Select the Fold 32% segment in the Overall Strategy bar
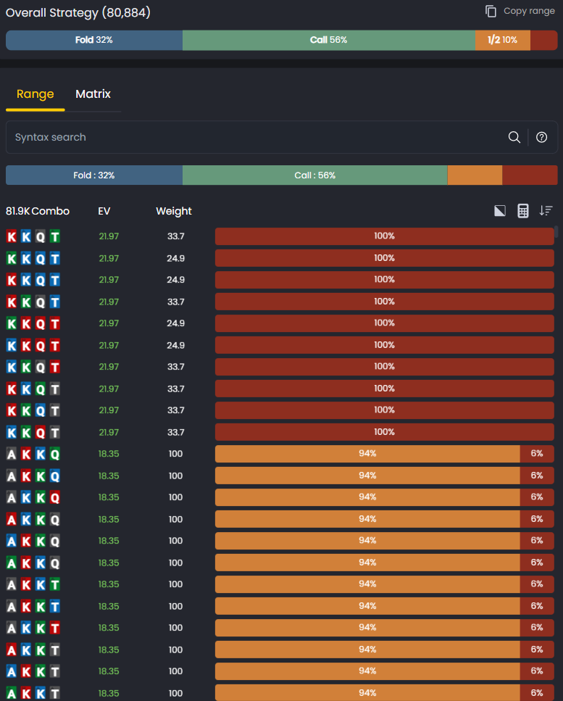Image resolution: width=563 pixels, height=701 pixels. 94,40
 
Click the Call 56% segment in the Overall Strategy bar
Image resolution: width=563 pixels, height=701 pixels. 328,40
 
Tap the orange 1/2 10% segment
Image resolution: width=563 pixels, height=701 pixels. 502,40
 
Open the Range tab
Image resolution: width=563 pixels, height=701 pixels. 36,94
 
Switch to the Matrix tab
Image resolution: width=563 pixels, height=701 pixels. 93,94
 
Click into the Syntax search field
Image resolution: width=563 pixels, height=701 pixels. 254,137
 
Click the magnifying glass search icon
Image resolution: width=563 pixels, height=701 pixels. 514,137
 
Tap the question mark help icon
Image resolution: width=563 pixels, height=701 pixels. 541,137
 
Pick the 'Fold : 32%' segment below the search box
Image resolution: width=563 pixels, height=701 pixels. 94,175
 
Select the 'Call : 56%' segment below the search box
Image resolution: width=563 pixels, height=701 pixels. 314,175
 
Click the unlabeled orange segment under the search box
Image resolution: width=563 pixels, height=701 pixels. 475,175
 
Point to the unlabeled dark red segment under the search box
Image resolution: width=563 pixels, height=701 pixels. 530,175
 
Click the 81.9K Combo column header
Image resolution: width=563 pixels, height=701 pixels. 38,211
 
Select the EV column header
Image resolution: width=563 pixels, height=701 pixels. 104,211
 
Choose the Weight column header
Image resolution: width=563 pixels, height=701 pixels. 174,211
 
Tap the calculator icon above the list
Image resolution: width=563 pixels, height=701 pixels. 523,211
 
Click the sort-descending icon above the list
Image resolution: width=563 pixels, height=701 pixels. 546,211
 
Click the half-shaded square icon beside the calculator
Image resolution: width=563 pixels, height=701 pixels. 500,211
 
